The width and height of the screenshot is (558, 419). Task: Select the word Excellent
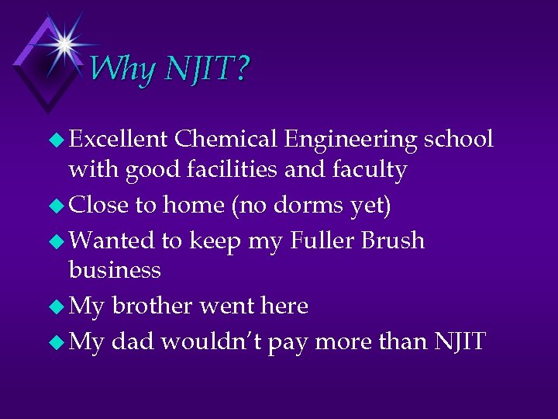click(118, 139)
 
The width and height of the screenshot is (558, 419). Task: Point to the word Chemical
click(226, 139)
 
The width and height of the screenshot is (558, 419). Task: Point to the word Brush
click(394, 241)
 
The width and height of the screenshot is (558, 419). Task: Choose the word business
click(115, 270)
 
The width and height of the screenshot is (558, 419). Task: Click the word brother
click(152, 306)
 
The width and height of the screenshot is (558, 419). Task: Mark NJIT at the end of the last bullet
click(460, 341)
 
